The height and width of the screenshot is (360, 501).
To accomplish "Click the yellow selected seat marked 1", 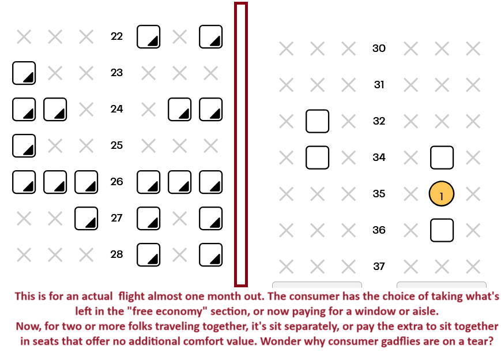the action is point(441,194).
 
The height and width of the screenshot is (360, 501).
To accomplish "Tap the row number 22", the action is point(116,36).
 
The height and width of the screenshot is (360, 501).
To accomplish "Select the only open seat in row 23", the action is point(24,73).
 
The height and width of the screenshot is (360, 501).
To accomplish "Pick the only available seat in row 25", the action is point(24,146).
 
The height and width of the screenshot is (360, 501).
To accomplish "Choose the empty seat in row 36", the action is point(442,230).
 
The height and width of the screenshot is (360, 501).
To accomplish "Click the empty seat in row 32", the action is point(317,121).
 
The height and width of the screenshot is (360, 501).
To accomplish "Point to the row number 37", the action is point(379,267).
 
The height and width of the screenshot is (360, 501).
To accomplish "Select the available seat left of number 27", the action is point(86,219).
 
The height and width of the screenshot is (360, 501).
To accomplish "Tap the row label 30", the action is point(379,48).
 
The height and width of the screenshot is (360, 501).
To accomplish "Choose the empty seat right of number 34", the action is point(442,157).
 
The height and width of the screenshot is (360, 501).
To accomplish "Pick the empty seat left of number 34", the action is point(317,157).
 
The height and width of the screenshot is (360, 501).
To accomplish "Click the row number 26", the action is point(116,182).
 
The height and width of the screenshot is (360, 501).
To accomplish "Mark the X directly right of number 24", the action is point(149,110).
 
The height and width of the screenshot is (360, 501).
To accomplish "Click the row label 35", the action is point(379,194).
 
